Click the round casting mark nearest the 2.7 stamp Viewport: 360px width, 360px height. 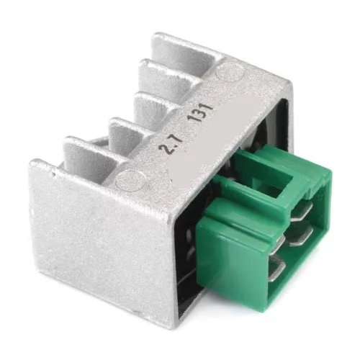131,180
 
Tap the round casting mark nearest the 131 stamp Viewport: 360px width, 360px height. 230,71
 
